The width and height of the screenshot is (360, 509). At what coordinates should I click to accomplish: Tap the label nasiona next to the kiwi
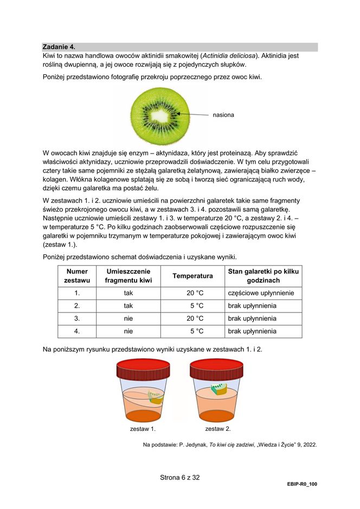[223, 115]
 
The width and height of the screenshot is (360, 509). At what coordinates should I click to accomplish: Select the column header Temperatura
[192, 276]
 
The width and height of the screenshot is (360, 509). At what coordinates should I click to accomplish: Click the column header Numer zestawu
[76, 276]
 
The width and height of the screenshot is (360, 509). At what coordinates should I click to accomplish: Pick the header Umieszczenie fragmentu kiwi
[128, 276]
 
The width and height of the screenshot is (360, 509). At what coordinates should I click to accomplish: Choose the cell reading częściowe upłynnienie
[261, 293]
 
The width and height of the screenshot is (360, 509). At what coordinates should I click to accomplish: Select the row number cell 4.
[76, 331]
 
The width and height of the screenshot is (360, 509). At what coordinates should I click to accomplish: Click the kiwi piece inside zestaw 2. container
[219, 390]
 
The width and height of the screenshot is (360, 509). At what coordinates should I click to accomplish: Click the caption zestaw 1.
[143, 429]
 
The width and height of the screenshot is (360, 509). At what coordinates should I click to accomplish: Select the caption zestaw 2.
[218, 429]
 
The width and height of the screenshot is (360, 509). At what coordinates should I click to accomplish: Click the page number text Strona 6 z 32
[180, 478]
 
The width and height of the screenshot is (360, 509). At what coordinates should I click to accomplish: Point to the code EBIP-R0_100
[302, 484]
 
